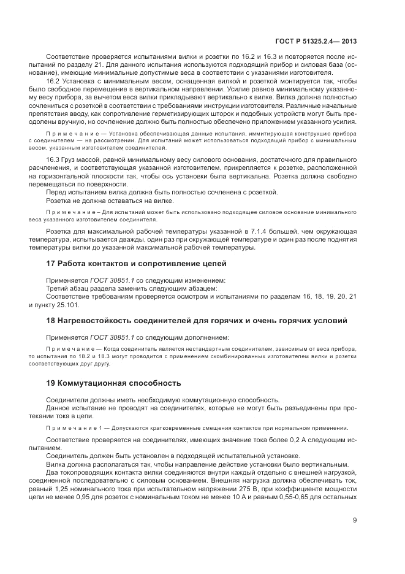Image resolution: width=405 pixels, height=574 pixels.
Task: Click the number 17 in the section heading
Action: pos(51,264)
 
